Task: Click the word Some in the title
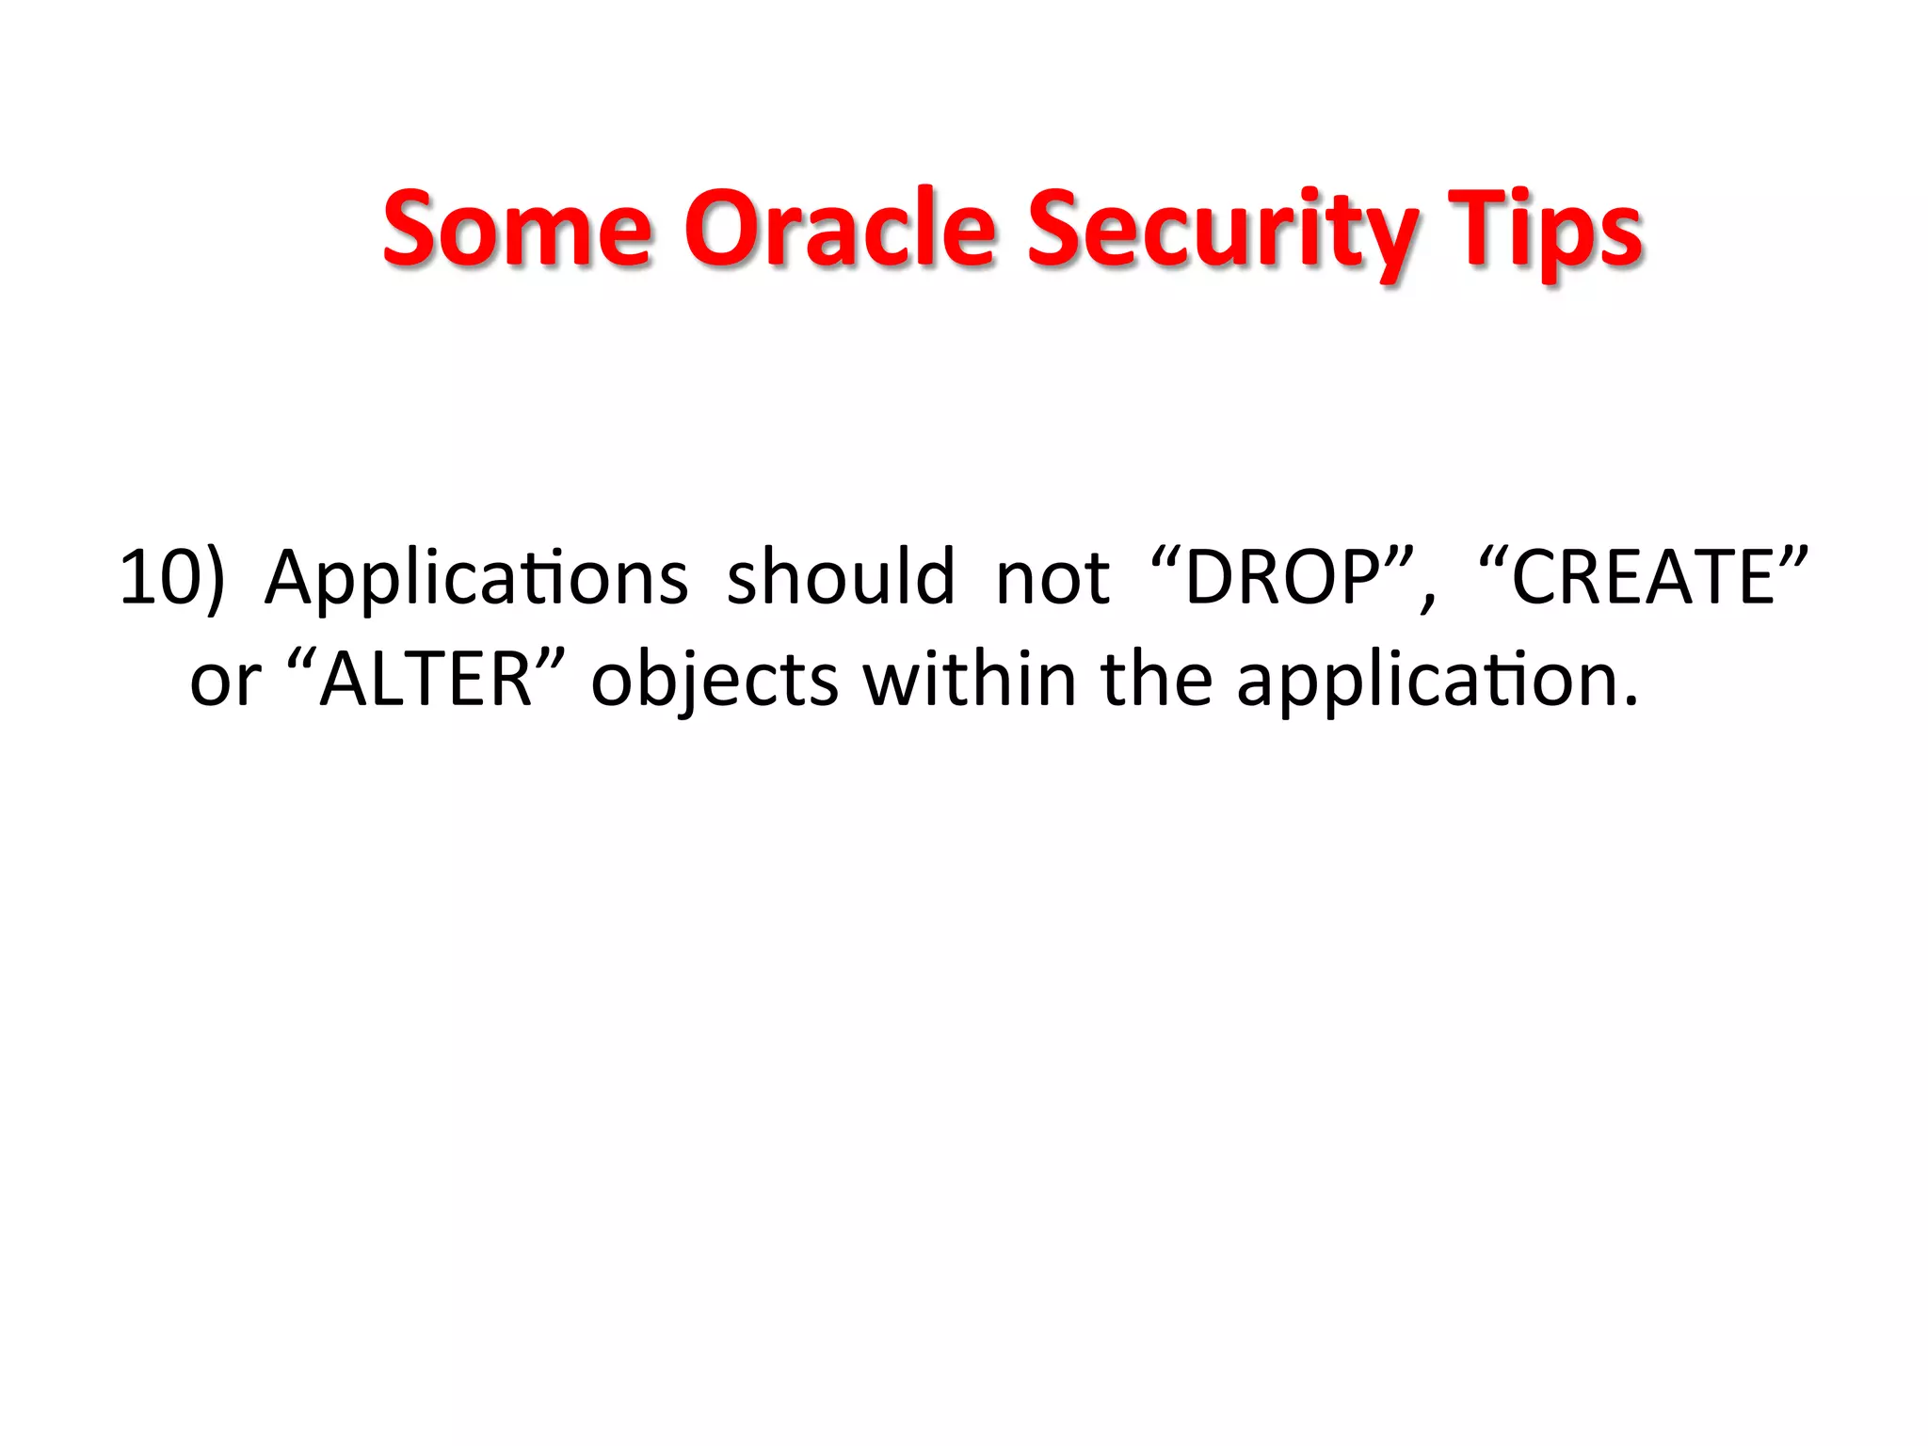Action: [517, 228]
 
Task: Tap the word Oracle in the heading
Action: [839, 228]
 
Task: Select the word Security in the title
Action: [1221, 231]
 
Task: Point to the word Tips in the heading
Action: [1544, 231]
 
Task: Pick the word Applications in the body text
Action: [476, 577]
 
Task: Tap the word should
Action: [841, 577]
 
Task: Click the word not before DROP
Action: [1052, 577]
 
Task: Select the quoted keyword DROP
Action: [1282, 575]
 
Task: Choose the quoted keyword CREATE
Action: [1643, 575]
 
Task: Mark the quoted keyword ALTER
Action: [426, 679]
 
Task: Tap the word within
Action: [970, 679]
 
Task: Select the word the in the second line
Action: [1157, 679]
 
